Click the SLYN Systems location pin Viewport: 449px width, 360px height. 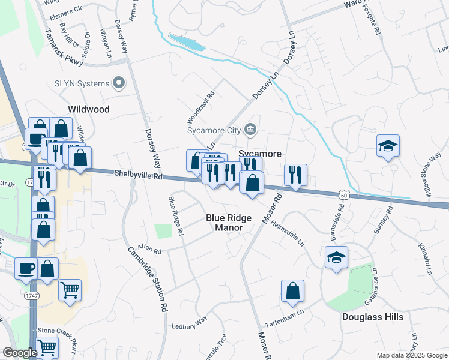[x=119, y=83]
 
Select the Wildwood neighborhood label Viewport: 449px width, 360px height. [x=89, y=109]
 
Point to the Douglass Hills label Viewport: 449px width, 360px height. [x=373, y=316]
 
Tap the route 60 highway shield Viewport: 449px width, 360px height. [x=343, y=195]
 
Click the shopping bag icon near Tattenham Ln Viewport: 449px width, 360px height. [x=292, y=292]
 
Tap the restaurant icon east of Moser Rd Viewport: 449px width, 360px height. [x=295, y=175]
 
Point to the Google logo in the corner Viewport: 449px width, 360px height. [x=20, y=353]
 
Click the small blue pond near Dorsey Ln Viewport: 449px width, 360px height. [x=187, y=42]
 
